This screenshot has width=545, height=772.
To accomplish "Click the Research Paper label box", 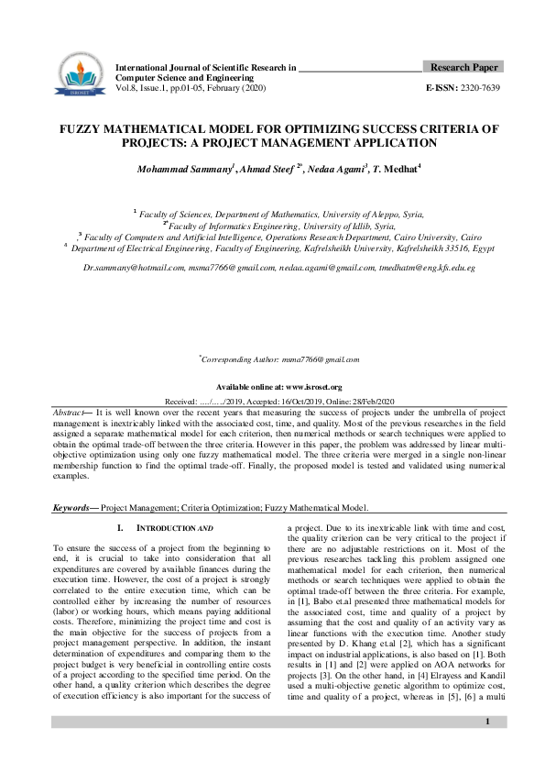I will (x=463, y=68).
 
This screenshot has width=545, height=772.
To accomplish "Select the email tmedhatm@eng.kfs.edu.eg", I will (x=425, y=266).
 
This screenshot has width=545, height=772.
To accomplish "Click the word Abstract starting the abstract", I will (x=71, y=414).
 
